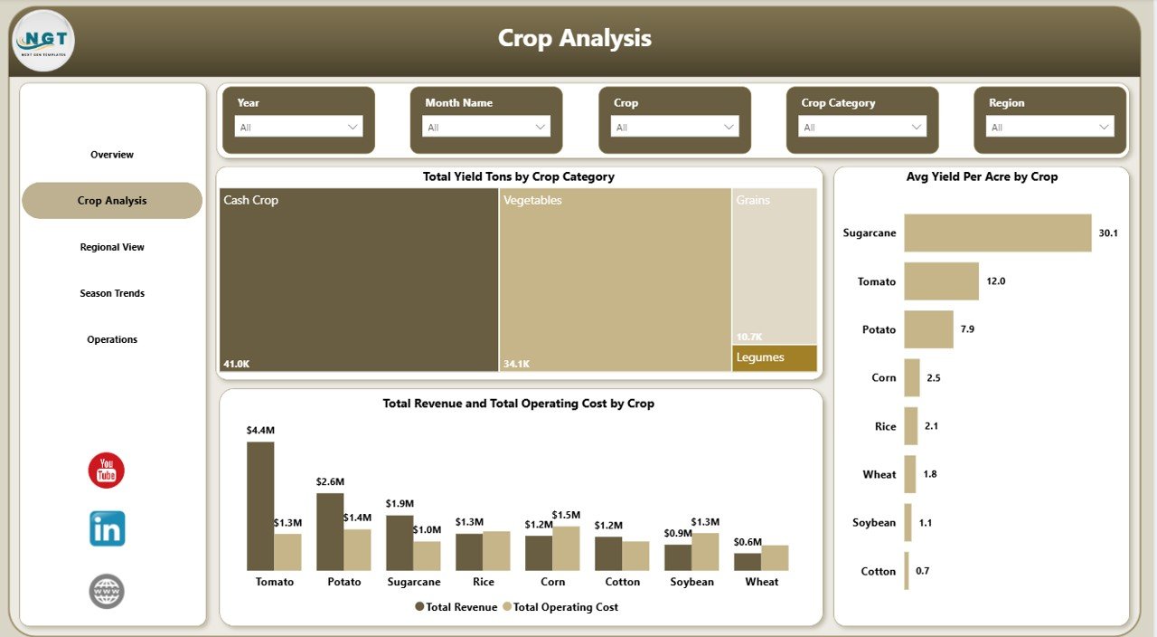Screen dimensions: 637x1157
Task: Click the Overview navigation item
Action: pos(112,155)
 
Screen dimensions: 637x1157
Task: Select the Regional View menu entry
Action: pos(112,247)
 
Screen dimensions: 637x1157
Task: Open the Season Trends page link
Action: pos(112,293)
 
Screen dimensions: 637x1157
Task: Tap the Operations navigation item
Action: pos(112,339)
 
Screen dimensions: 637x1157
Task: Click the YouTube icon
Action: pos(107,471)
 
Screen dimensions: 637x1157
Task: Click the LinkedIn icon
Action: pos(107,529)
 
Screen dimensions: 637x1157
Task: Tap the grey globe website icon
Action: pos(107,592)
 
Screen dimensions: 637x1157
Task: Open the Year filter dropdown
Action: pos(298,128)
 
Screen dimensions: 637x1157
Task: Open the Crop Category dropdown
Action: pos(862,128)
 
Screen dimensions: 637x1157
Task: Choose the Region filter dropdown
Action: pos(1050,128)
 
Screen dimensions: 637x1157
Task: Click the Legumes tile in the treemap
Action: pos(775,358)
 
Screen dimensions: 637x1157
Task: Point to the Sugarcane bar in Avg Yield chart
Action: pos(997,233)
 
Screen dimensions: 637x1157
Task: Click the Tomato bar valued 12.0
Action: pos(941,281)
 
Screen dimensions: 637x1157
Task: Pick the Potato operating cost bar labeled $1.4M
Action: pos(357,549)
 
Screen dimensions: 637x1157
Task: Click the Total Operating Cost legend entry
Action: pos(560,607)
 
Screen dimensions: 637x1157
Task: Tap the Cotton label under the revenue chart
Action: pos(622,582)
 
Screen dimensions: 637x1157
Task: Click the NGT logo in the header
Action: pos(43,40)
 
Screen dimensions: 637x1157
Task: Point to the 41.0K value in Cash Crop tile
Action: pos(237,364)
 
